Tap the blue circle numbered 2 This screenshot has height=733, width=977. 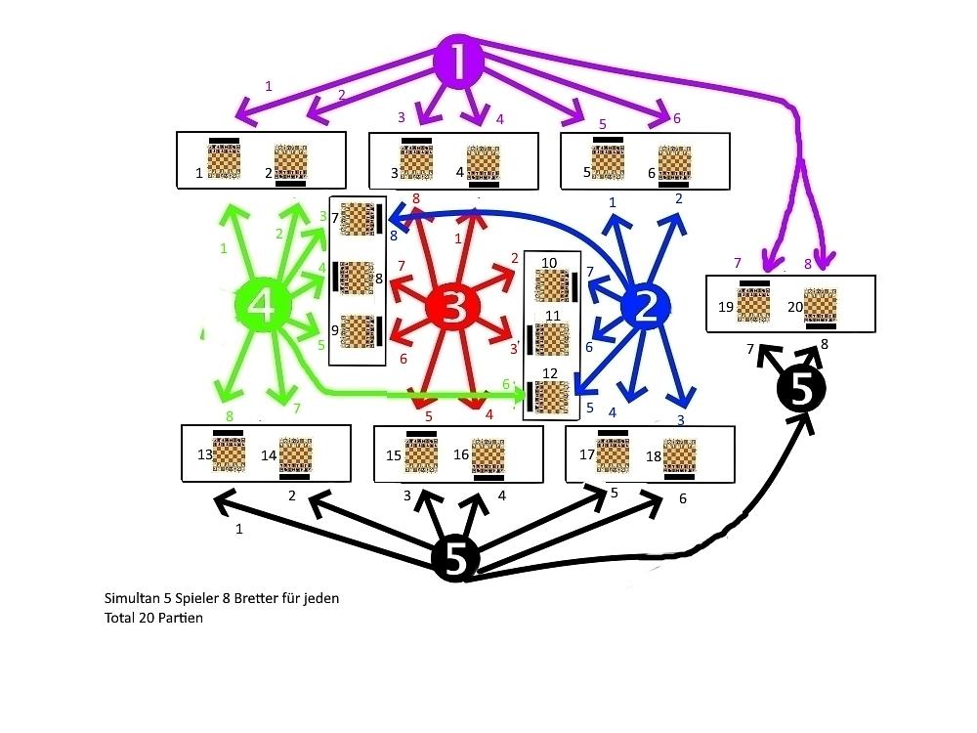(646, 309)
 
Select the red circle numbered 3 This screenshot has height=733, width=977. (455, 308)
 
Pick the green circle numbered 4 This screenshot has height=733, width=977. (263, 307)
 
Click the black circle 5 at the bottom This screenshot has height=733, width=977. (456, 559)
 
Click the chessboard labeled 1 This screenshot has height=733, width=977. (224, 161)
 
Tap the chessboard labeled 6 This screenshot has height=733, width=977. (674, 162)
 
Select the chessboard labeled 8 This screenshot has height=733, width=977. (359, 278)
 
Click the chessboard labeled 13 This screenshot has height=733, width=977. (230, 455)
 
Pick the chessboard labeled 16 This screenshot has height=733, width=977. (488, 456)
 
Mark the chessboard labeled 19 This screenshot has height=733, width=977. (752, 305)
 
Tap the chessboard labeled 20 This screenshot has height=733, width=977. (821, 306)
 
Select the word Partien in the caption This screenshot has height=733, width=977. (182, 618)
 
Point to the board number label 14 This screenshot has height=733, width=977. (269, 455)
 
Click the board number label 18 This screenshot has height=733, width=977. (652, 456)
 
